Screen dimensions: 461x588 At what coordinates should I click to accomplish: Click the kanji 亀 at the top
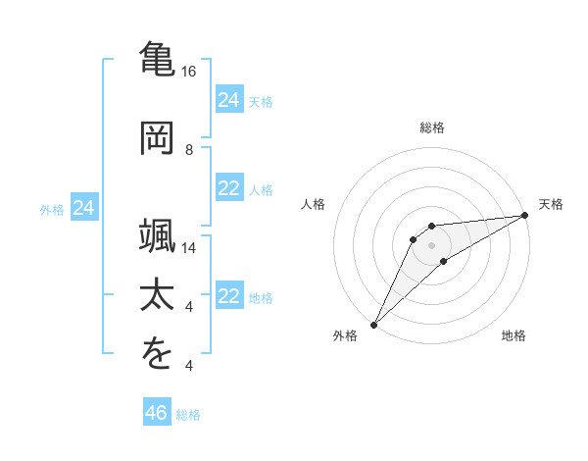pos(158,59)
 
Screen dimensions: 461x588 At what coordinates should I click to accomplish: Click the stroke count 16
pos(189,73)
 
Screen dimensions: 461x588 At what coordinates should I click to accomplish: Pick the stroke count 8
pos(189,149)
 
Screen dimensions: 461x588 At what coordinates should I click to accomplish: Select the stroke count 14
pos(189,249)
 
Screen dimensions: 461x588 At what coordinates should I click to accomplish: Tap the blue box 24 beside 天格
pos(229,100)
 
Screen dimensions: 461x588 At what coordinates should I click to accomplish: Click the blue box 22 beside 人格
pos(229,188)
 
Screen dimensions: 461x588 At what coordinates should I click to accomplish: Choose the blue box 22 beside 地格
pos(229,297)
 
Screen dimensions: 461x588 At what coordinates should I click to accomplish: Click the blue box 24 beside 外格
pos(84,208)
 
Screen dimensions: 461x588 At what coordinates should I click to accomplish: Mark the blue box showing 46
pos(157,413)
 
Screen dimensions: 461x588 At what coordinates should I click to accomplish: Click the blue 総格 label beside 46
pos(188,415)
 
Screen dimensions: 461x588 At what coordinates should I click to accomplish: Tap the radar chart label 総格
pos(432,128)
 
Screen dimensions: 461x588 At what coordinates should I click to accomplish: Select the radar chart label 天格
pos(552,204)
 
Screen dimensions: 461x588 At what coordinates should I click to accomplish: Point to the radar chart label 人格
pos(314,204)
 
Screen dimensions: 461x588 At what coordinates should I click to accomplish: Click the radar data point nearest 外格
pos(373,324)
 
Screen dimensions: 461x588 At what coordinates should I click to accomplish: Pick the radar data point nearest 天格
pos(524,216)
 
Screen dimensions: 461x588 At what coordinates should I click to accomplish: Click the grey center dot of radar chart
pos(432,244)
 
